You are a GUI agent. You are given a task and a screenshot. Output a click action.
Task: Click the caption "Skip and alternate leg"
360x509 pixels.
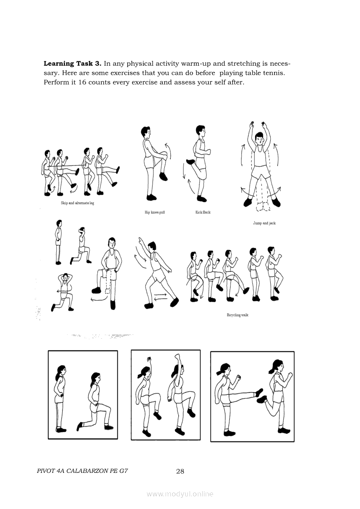[x=77, y=203]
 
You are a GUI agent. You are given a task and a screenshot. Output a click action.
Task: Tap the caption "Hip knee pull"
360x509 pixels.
[x=155, y=212]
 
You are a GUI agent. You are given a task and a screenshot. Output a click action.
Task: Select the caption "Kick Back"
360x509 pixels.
[x=203, y=212]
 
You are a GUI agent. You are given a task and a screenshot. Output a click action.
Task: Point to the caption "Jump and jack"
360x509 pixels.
[x=264, y=223]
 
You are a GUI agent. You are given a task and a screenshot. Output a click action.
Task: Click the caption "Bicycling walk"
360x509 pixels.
[x=238, y=315]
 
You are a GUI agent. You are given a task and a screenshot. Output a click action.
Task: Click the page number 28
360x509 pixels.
[x=180, y=472]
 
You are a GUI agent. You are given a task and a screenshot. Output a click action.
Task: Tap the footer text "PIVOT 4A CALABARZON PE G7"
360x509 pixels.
[x=82, y=471]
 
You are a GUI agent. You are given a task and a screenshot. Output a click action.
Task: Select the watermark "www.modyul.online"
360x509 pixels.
[x=180, y=494]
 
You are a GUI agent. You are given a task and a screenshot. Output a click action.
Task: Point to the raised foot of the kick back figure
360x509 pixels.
[x=191, y=162]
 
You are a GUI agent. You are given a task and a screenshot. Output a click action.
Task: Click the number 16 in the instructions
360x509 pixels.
[x=82, y=82]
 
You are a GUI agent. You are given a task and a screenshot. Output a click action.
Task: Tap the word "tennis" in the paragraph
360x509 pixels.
[x=273, y=73]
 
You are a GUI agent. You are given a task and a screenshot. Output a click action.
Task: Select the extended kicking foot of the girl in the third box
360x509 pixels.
[x=259, y=392]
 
